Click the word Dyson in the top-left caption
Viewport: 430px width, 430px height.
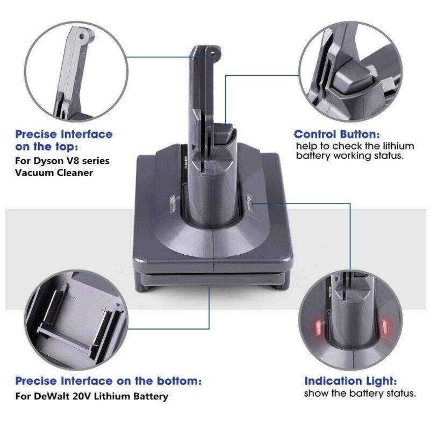(x=45, y=161)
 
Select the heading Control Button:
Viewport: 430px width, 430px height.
(x=337, y=134)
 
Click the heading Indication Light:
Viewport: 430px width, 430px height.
(x=351, y=381)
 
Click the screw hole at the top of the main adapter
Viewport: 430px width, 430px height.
(x=213, y=55)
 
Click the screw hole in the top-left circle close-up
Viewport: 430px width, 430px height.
(x=82, y=36)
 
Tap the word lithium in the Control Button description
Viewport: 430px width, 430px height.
(x=398, y=146)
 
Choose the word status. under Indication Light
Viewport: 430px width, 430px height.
(x=401, y=393)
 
